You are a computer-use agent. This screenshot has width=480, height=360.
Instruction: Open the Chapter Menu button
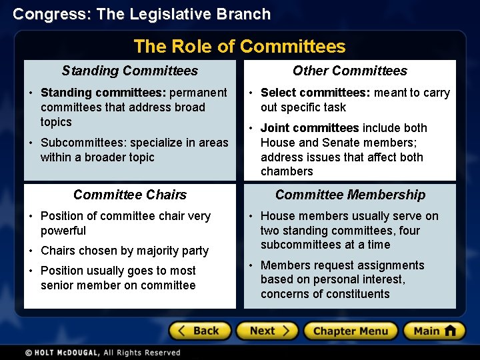coord(350,331)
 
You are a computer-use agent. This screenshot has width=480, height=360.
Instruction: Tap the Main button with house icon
coord(434,331)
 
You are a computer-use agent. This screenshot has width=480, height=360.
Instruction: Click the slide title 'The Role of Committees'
coord(239,46)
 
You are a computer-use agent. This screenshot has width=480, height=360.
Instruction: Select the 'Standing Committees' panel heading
coord(130,71)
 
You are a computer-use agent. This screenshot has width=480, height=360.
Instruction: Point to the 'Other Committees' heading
coord(350,71)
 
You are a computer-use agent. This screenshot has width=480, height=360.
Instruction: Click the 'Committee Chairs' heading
coord(130,195)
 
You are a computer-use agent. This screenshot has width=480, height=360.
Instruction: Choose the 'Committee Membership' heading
coord(350,195)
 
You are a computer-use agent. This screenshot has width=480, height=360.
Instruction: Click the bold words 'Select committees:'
coord(315,93)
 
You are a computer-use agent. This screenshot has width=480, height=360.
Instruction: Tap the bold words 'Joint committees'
coord(309,128)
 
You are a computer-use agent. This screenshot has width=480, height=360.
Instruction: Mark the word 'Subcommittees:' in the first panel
coord(83,143)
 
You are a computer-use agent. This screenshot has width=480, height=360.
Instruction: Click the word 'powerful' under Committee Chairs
coord(63,231)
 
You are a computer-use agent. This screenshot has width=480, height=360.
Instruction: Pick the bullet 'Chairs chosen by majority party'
coord(125,251)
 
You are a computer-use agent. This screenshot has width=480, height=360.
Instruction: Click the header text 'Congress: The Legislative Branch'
coord(142,14)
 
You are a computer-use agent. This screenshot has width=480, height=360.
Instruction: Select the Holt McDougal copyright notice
coord(103,353)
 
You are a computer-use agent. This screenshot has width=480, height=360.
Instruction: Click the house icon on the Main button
coord(450,331)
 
